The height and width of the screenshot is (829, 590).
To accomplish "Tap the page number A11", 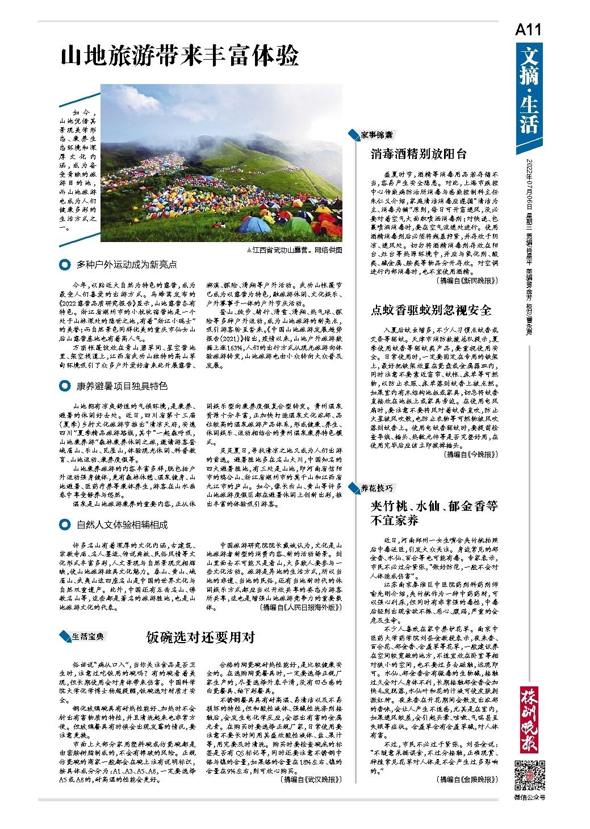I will pyautogui.click(x=529, y=30).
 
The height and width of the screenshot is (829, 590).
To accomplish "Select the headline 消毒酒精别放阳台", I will pyautogui.click(x=419, y=153).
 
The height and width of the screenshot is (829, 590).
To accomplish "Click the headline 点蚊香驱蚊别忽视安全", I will pyautogui.click(x=431, y=310).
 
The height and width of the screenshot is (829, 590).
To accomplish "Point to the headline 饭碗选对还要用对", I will pyautogui.click(x=200, y=637).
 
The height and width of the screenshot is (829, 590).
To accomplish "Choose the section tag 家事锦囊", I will pyautogui.click(x=376, y=135).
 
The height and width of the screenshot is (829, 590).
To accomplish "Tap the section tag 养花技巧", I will pyautogui.click(x=376, y=488).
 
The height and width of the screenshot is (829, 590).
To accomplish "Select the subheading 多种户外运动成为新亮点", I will pyautogui.click(x=127, y=264).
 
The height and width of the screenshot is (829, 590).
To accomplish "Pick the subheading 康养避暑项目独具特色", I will pyautogui.click(x=122, y=386).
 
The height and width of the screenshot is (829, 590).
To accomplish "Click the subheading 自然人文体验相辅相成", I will pyautogui.click(x=122, y=524).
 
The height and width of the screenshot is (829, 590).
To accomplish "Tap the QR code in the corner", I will pyautogui.click(x=529, y=774).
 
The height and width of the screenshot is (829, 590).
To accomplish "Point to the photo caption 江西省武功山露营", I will pyautogui.click(x=295, y=250).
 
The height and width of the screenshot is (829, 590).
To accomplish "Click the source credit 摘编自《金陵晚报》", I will pyautogui.click(x=467, y=780).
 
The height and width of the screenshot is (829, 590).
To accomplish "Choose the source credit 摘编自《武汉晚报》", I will pyautogui.click(x=312, y=780).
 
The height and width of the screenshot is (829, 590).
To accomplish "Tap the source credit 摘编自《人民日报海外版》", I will pyautogui.click(x=301, y=607).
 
